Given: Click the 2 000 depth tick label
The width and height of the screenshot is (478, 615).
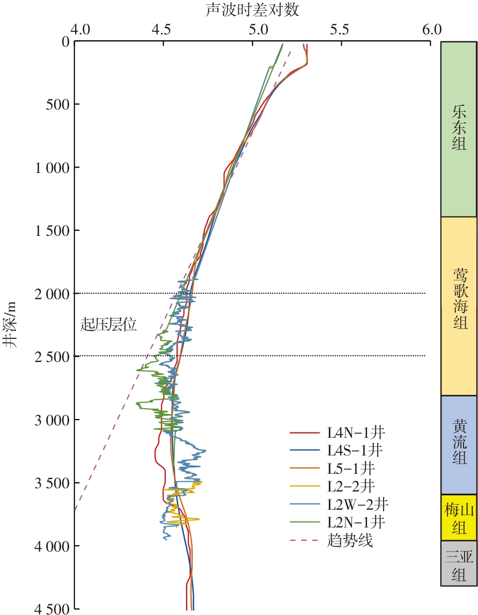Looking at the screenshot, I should coord(47,294).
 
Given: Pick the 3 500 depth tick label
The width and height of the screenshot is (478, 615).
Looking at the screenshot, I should coord(47,483).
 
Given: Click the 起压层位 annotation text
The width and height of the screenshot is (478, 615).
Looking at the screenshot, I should coord(109,324).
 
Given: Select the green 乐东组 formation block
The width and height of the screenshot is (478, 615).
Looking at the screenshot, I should coord(459,129).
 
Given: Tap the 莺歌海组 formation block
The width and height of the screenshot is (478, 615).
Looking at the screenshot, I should coord(459,306).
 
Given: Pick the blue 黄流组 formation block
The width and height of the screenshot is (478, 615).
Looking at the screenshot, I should coord(459,445).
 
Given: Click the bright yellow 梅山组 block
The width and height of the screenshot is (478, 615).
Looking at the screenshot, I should coord(459,517).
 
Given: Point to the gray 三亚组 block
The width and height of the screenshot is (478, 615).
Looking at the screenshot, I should coord(459,563).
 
